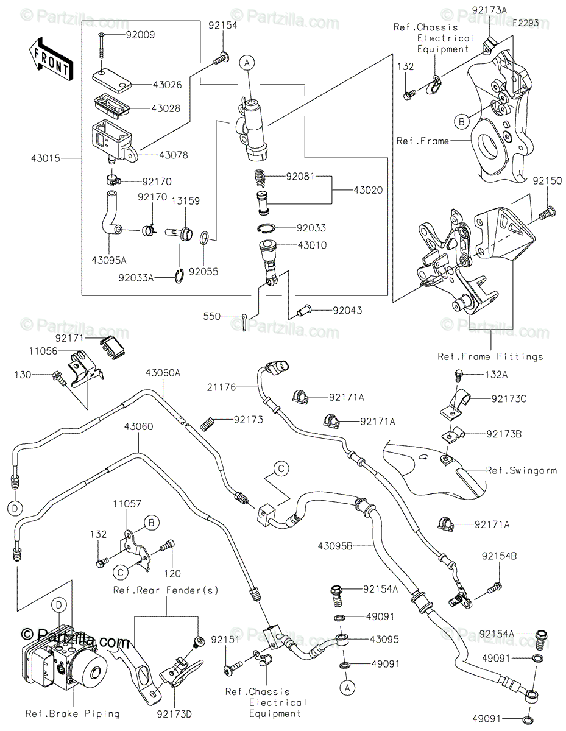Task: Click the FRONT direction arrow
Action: (x=51, y=59)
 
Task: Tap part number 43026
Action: (x=167, y=85)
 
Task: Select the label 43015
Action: (x=46, y=158)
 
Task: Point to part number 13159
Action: (x=186, y=201)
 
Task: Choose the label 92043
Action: (x=347, y=310)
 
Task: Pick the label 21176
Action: (x=221, y=387)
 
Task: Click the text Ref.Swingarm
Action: (x=522, y=470)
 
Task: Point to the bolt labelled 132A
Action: (x=458, y=375)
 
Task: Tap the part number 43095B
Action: (x=334, y=546)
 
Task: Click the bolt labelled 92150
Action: (x=548, y=213)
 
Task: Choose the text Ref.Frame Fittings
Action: (x=490, y=356)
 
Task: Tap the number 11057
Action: (x=127, y=504)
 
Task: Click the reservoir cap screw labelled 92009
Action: (x=101, y=46)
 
